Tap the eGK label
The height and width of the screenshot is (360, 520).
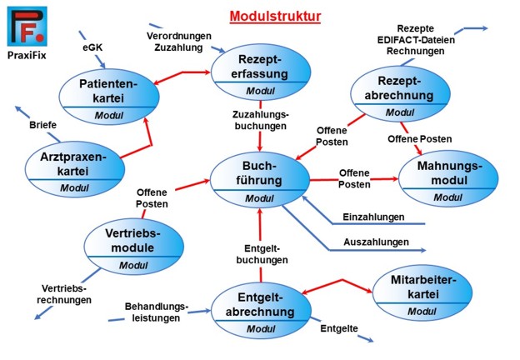[92, 49]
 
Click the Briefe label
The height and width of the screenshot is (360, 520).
[43, 125]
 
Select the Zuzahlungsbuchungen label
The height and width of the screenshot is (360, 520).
[261, 121]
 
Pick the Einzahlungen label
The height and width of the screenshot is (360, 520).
[373, 217]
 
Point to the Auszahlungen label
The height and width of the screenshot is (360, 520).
[376, 242]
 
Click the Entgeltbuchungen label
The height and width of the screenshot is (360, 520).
[266, 254]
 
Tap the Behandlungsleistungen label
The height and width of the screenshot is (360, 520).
[157, 311]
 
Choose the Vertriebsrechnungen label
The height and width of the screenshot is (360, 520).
[66, 294]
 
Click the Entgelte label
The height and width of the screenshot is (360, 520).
[339, 330]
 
